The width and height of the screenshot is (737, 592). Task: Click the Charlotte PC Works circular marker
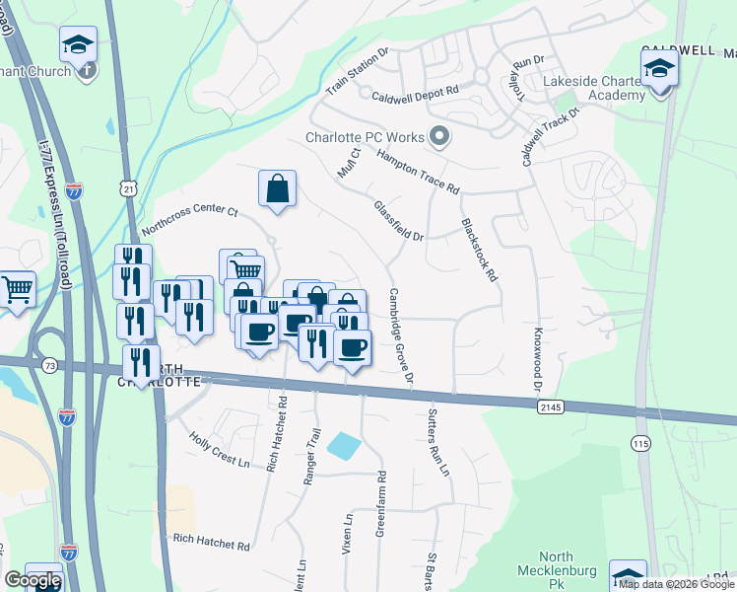(440, 137)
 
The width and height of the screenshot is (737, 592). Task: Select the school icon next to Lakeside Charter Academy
(658, 69)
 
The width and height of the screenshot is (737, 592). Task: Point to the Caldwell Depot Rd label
(416, 92)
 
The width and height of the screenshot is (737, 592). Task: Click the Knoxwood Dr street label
(538, 354)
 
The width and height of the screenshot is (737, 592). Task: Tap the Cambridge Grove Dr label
(400, 335)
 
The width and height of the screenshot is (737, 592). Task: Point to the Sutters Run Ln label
(438, 442)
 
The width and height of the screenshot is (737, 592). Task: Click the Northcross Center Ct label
(190, 219)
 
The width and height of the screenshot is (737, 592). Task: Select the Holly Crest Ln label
(213, 452)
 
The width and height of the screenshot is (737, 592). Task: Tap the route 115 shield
(641, 445)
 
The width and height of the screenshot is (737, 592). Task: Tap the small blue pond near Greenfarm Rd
(344, 445)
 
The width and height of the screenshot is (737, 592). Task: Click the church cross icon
(88, 70)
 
